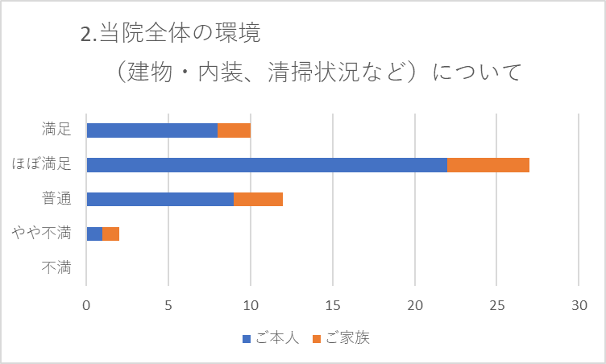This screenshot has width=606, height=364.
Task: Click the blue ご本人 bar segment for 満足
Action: coord(151,130)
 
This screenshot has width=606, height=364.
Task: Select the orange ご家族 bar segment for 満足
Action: coord(234,130)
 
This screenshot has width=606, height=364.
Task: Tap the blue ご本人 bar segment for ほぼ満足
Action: coord(267,165)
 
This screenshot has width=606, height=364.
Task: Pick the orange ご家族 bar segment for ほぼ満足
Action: coord(488,165)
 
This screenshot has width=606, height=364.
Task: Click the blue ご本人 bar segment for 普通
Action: coord(160,199)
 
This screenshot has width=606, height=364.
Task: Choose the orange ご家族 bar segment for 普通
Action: coord(258,199)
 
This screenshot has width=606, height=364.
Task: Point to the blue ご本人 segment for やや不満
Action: coord(94,234)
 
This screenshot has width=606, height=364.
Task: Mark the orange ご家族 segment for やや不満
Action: coord(111,234)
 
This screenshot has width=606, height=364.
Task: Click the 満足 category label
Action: coord(56,129)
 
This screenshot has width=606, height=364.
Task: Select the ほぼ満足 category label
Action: coord(42,164)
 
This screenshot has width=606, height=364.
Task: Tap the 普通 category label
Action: coord(56,199)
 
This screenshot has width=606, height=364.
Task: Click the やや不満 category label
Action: coord(42,234)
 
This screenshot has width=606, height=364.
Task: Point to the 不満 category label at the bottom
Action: coord(56,268)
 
